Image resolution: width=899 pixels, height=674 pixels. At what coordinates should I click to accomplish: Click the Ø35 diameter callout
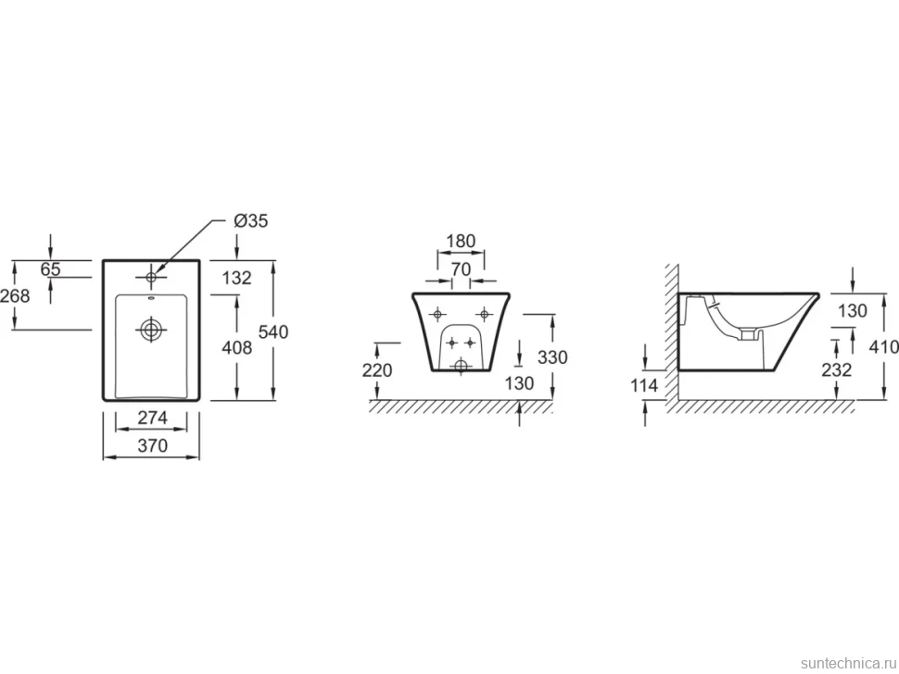coord(251,220)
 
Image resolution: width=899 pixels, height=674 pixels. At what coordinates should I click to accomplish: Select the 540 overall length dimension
coord(272,331)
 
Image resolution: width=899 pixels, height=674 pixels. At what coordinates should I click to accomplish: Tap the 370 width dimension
coord(153,445)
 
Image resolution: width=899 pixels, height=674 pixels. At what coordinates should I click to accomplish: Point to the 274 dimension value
coord(153,418)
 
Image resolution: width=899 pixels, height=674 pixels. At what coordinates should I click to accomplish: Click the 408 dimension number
coord(236,347)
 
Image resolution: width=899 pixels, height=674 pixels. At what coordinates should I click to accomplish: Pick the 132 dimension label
coord(236,278)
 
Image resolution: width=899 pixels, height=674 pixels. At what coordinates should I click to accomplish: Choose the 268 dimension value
coord(15,295)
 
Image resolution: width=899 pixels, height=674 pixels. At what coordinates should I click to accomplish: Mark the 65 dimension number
coord(50,268)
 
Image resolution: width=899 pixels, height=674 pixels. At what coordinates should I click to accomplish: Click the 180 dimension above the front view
coord(461,241)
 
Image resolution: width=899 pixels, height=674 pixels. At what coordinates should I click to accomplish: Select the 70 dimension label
coord(461,268)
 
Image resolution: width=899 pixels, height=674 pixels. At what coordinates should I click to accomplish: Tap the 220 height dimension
coord(377,370)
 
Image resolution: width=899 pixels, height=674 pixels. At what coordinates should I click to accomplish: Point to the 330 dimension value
coord(552,356)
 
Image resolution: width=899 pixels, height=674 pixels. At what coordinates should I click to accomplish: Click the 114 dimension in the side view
coord(644,385)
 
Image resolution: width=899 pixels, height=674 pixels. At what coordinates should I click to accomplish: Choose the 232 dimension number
coord(837,369)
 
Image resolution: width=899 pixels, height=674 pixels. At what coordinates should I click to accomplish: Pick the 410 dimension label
coord(883,346)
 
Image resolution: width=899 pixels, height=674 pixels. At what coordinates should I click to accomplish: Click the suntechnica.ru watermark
coord(848,663)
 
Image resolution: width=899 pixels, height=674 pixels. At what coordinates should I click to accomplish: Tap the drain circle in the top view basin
coord(151,330)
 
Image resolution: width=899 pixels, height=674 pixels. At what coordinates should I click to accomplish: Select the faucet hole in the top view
coord(151,277)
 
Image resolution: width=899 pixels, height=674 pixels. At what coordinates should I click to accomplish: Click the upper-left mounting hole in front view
coord(437,314)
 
